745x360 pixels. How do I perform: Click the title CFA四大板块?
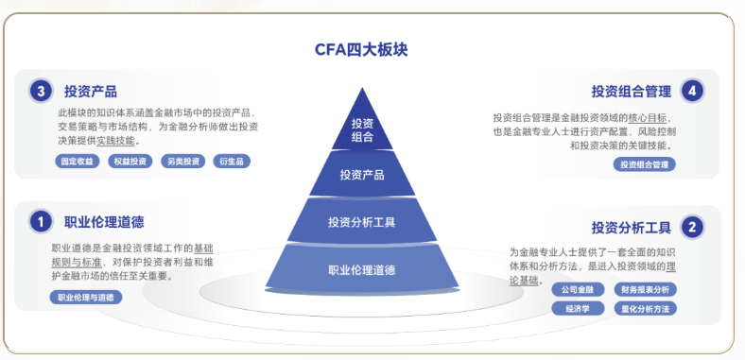coord(361,50)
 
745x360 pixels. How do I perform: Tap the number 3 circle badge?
coord(41,92)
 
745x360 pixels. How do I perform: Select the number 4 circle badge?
coord(692,92)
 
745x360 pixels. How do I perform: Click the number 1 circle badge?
coord(41,222)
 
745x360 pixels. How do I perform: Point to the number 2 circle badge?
coord(692,227)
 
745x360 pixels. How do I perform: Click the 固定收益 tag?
coord(78,162)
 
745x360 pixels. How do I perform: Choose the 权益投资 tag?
coord(130,162)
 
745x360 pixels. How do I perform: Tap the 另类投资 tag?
coord(182,162)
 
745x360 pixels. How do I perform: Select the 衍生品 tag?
coord(232,162)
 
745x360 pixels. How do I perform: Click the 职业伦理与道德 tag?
coord(86,298)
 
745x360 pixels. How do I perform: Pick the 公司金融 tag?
coord(578,290)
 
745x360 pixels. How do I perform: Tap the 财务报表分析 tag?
coord(645,290)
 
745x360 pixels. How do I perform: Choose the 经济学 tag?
coord(578,309)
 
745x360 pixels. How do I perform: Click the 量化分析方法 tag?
coord(645,309)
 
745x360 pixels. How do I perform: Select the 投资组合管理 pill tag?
coord(644,164)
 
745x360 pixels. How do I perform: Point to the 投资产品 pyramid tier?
coord(362,174)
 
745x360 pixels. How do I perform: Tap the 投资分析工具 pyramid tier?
coord(362,221)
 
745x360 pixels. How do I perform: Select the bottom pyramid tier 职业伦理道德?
coord(362,268)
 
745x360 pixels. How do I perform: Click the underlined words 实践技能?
coord(116,141)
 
